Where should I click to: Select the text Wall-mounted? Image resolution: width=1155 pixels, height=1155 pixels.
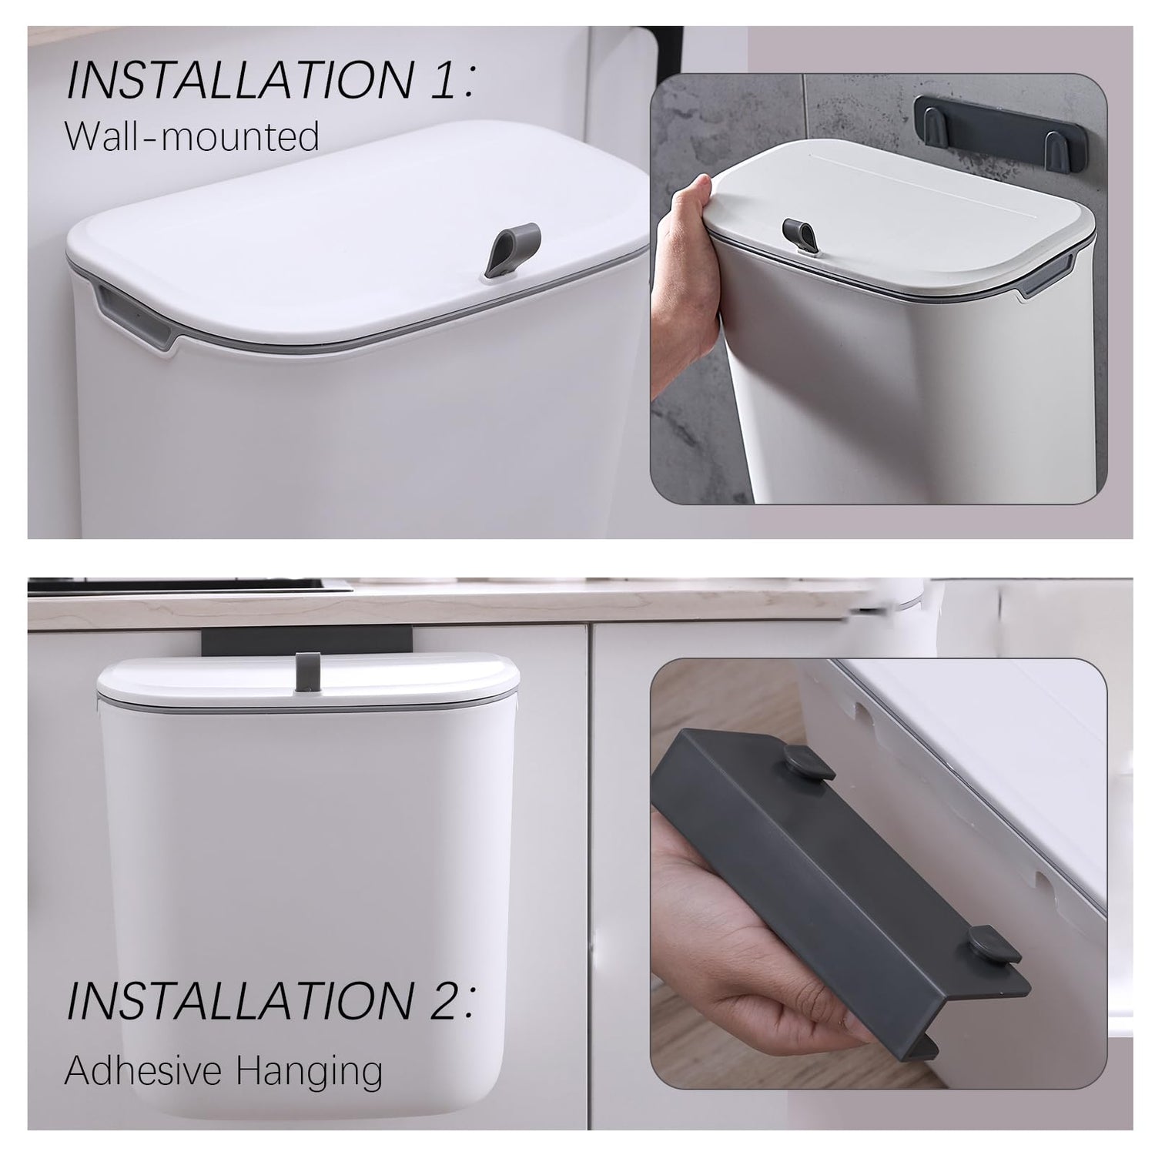(x=192, y=137)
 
